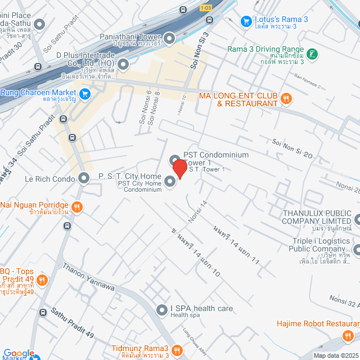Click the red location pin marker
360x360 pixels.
(179, 169)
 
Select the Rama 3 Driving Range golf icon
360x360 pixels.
(313, 55)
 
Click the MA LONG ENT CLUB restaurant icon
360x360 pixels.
(286, 99)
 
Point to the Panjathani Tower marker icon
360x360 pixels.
(169, 38)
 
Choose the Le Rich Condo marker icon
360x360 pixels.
(84, 179)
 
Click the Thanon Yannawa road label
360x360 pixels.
(89, 278)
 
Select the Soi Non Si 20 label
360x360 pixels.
(292, 148)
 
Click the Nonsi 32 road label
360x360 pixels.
(344, 302)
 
